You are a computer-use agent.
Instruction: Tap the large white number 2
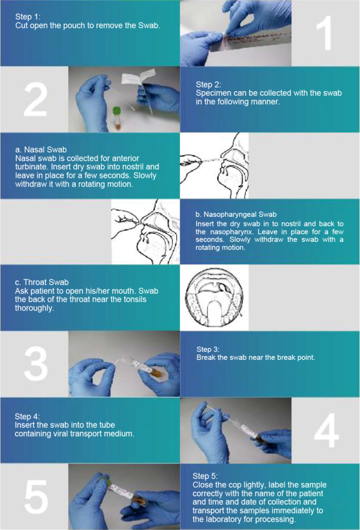35,99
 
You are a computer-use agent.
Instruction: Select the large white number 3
36,363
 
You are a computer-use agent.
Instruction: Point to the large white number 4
326,430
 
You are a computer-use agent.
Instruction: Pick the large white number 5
36,497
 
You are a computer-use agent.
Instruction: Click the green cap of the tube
117,111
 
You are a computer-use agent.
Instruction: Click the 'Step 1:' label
28,17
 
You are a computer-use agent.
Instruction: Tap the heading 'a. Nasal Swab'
41,150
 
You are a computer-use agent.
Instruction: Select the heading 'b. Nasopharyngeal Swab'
236,214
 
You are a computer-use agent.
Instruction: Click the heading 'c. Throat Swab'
41,282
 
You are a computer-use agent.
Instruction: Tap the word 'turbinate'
31,167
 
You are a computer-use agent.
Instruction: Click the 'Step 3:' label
208,349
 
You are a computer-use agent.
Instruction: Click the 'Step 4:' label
27,416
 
